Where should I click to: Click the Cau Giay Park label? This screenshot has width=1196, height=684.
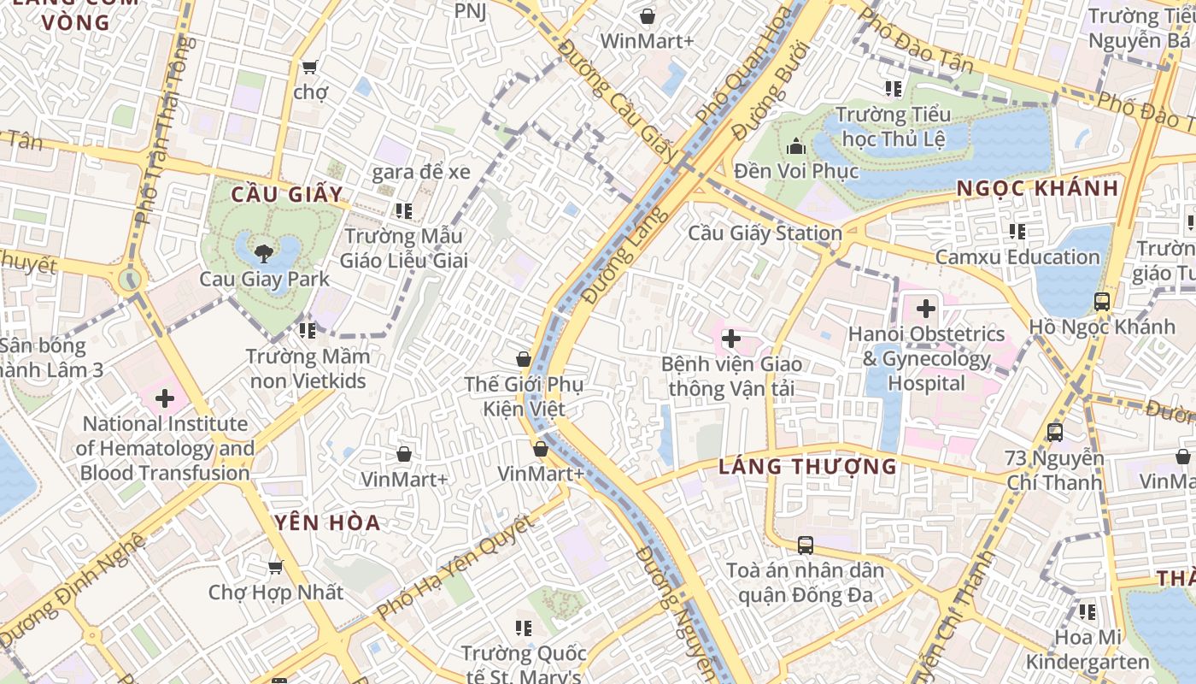pos(264,279)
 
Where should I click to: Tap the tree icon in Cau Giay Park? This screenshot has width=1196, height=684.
pos(264,252)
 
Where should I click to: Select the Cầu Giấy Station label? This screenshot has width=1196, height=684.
pos(765,233)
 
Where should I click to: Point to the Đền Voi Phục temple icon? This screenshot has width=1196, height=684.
pos(796,146)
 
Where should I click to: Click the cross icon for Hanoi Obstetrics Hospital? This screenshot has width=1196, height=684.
pos(925,308)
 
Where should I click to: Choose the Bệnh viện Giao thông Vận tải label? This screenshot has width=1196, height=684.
pos(731,376)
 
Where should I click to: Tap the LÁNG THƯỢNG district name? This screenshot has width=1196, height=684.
pos(807,466)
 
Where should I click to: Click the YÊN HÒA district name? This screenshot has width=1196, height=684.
pos(328,522)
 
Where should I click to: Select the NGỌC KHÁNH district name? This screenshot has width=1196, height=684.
pos(1036,188)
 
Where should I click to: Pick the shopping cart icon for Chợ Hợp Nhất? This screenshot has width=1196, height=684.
pos(275,567)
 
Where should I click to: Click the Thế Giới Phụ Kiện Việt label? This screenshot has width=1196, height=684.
pos(523,397)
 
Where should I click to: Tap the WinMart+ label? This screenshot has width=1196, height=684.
pos(647,41)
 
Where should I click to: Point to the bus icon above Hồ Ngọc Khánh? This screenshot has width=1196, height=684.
pos(1101,301)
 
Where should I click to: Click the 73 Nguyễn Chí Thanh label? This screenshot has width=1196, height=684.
pos(1054,470)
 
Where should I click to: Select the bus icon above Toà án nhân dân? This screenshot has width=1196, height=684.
pos(805,545)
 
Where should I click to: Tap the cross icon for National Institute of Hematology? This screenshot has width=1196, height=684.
pos(165,398)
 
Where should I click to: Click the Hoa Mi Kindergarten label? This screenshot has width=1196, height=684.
pos(1087,649)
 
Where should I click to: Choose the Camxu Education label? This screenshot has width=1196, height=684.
pos(1017,256)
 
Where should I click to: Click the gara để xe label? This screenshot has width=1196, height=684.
pos(420,172)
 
